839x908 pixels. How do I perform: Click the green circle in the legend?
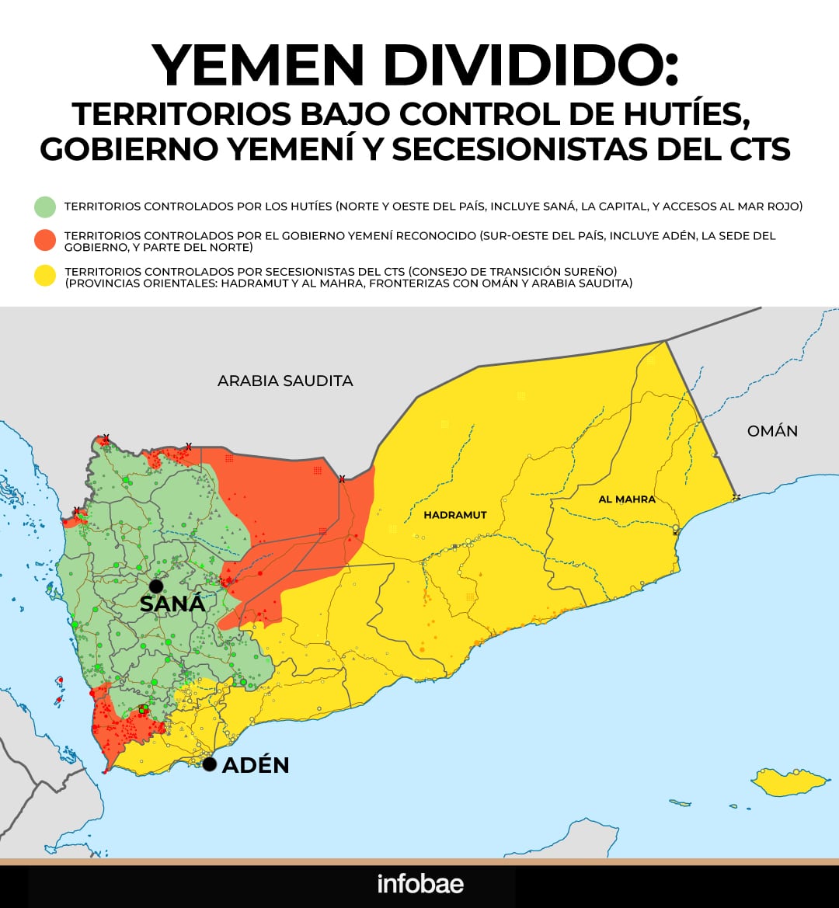click(45, 207)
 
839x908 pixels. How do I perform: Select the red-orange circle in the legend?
click(45, 241)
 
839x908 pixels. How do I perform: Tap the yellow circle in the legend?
click(45, 277)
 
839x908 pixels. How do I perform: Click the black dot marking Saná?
click(156, 586)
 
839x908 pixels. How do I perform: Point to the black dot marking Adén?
click(209, 764)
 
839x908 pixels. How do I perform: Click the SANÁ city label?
click(172, 604)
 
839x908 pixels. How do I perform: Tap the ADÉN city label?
click(256, 765)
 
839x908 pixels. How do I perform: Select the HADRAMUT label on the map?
click(455, 515)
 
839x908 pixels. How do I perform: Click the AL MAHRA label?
click(626, 499)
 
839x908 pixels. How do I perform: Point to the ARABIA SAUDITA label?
click(285, 381)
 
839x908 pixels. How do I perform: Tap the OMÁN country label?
click(772, 430)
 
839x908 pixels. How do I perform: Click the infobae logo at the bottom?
click(420, 884)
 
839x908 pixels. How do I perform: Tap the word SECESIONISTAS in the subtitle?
click(520, 148)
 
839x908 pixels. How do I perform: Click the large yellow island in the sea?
click(785, 782)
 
